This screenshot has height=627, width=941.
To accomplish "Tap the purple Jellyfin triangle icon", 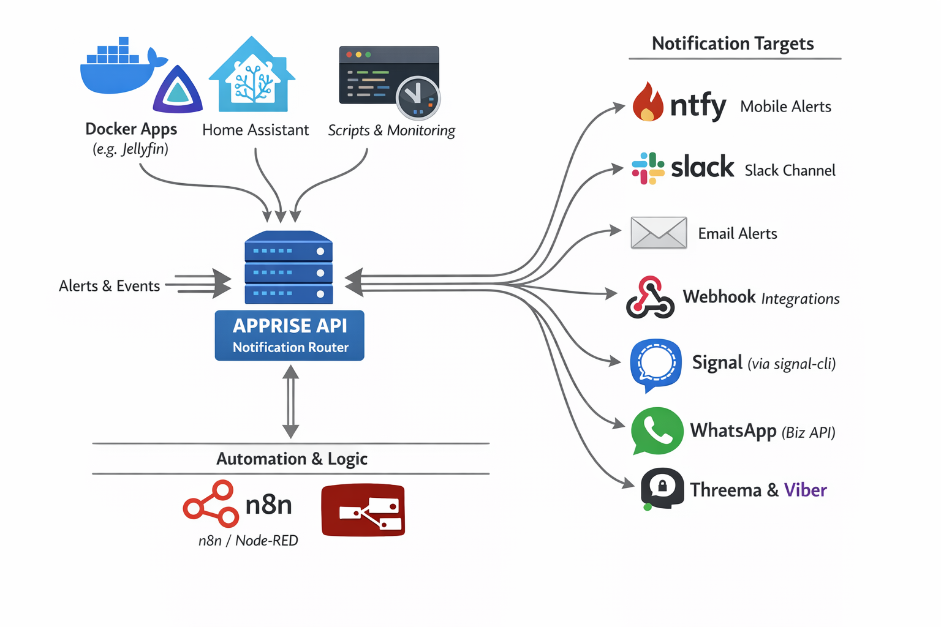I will (x=178, y=91).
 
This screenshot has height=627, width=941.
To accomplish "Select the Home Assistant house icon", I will (x=252, y=76).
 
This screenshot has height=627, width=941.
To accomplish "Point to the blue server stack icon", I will (x=289, y=268).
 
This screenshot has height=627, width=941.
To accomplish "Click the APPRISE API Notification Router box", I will (x=290, y=336).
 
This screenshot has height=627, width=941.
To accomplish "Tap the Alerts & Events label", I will (x=109, y=286).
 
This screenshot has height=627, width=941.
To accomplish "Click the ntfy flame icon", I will (x=648, y=102).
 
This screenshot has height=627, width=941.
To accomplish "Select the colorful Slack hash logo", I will (x=648, y=168).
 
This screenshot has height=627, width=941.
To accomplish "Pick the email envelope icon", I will (x=659, y=233).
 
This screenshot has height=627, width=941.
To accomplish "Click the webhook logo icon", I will (x=650, y=298).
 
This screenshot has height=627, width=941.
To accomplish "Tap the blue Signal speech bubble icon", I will (x=656, y=364).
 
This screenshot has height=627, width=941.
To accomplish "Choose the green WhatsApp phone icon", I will (x=657, y=431).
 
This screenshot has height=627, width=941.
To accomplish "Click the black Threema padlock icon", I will (x=662, y=488).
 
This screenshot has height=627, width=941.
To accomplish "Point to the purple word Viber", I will (x=805, y=490).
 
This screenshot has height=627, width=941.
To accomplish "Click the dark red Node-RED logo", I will (x=363, y=510).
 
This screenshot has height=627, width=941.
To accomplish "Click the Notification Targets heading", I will (x=733, y=43).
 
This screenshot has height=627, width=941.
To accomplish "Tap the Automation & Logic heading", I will (x=292, y=459).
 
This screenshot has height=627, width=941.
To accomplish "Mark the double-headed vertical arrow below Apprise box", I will (x=291, y=402).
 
